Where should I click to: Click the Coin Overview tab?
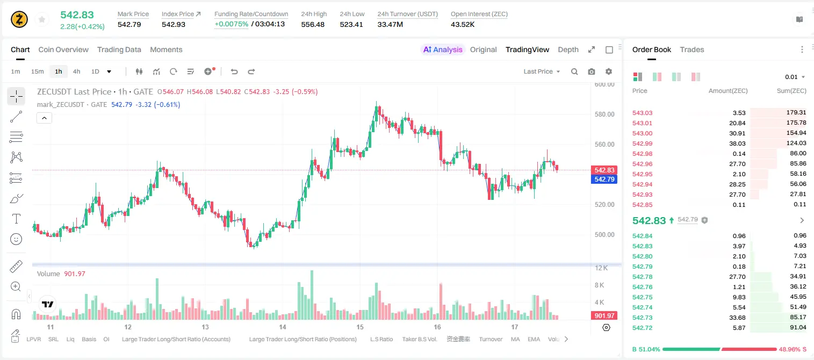[x=63, y=49]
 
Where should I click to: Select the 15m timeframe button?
[x=38, y=71]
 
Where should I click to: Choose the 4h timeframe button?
[x=76, y=71]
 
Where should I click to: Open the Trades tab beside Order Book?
[x=692, y=49]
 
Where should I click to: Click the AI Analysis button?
[x=443, y=49]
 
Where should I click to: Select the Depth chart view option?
[x=568, y=49]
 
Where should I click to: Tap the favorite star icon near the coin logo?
[x=42, y=19]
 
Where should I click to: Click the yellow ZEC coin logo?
[x=19, y=19]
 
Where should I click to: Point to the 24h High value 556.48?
[x=313, y=24]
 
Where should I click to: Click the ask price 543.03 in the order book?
[x=642, y=113]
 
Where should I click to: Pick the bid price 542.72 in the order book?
[x=642, y=328]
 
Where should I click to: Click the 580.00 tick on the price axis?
[x=604, y=114]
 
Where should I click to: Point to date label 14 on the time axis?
[x=283, y=327]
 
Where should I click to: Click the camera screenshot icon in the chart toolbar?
[x=591, y=71]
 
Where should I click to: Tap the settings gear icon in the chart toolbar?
[x=609, y=71]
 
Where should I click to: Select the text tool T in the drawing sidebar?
[x=16, y=219]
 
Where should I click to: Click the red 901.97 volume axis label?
[x=604, y=316]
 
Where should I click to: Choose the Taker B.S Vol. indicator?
[x=419, y=339]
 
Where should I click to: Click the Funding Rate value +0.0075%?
[x=232, y=24]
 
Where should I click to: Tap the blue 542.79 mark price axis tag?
[x=604, y=179]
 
